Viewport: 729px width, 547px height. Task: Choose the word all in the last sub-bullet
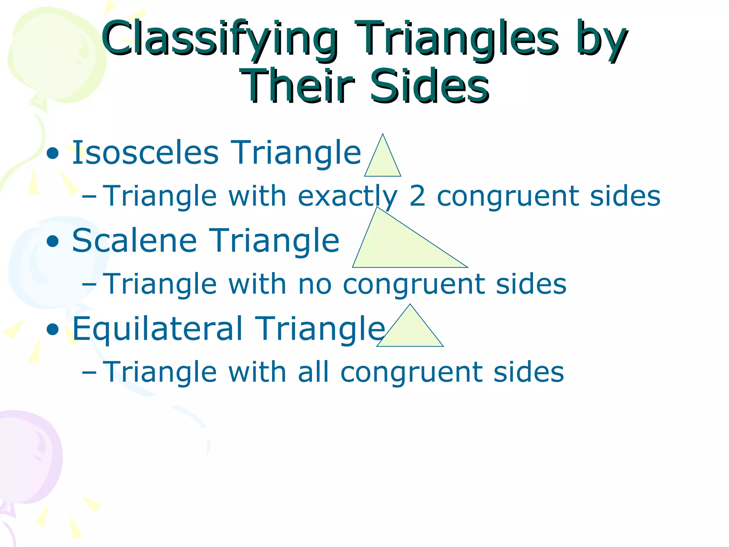[x=313, y=372]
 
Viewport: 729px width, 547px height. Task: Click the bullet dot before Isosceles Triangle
[x=53, y=154]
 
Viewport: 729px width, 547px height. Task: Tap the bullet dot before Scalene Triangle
[x=53, y=242]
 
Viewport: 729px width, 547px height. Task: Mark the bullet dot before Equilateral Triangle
[x=53, y=330]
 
